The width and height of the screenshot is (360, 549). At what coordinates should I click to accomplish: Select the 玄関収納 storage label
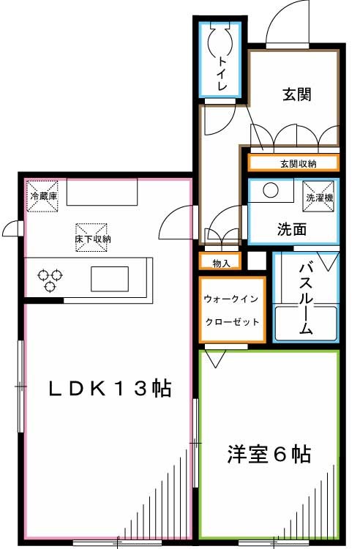click(x=294, y=163)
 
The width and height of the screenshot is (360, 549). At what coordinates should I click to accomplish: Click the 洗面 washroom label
click(x=291, y=229)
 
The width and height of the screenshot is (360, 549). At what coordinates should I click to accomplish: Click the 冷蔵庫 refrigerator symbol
click(x=42, y=196)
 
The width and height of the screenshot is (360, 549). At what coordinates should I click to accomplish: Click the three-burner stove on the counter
click(x=50, y=279)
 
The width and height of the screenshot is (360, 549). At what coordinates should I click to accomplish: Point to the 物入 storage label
click(x=220, y=263)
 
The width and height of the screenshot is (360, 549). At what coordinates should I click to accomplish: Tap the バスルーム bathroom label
click(x=306, y=297)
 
